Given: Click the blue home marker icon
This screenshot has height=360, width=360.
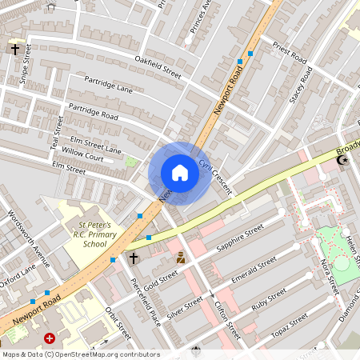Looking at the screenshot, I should click(180, 173).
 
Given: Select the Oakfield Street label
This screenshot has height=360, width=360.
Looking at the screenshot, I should click(158, 70).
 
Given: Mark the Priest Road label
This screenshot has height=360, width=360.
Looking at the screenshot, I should click(290, 54).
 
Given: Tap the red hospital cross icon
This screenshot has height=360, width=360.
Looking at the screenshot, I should click(50, 339).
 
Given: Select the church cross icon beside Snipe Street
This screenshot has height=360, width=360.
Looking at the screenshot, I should click(14, 50).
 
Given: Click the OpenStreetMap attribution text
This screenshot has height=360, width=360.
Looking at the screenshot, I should click(80, 354).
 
